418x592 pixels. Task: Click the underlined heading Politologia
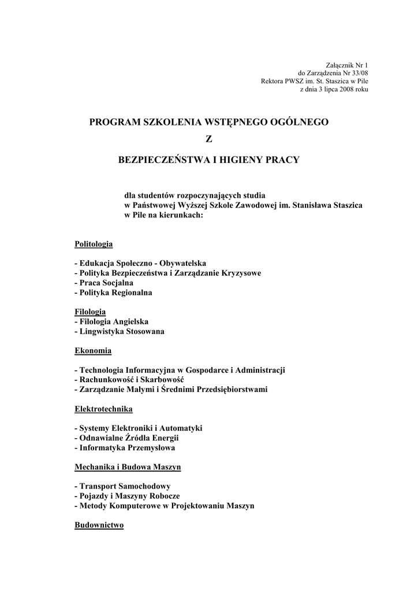[94, 244]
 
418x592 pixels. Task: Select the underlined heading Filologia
[90, 312]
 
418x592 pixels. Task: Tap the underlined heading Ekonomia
[93, 350]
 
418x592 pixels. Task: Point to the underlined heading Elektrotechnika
[103, 409]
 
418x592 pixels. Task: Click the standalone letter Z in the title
[209, 140]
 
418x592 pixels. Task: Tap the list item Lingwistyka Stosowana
[122, 331]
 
